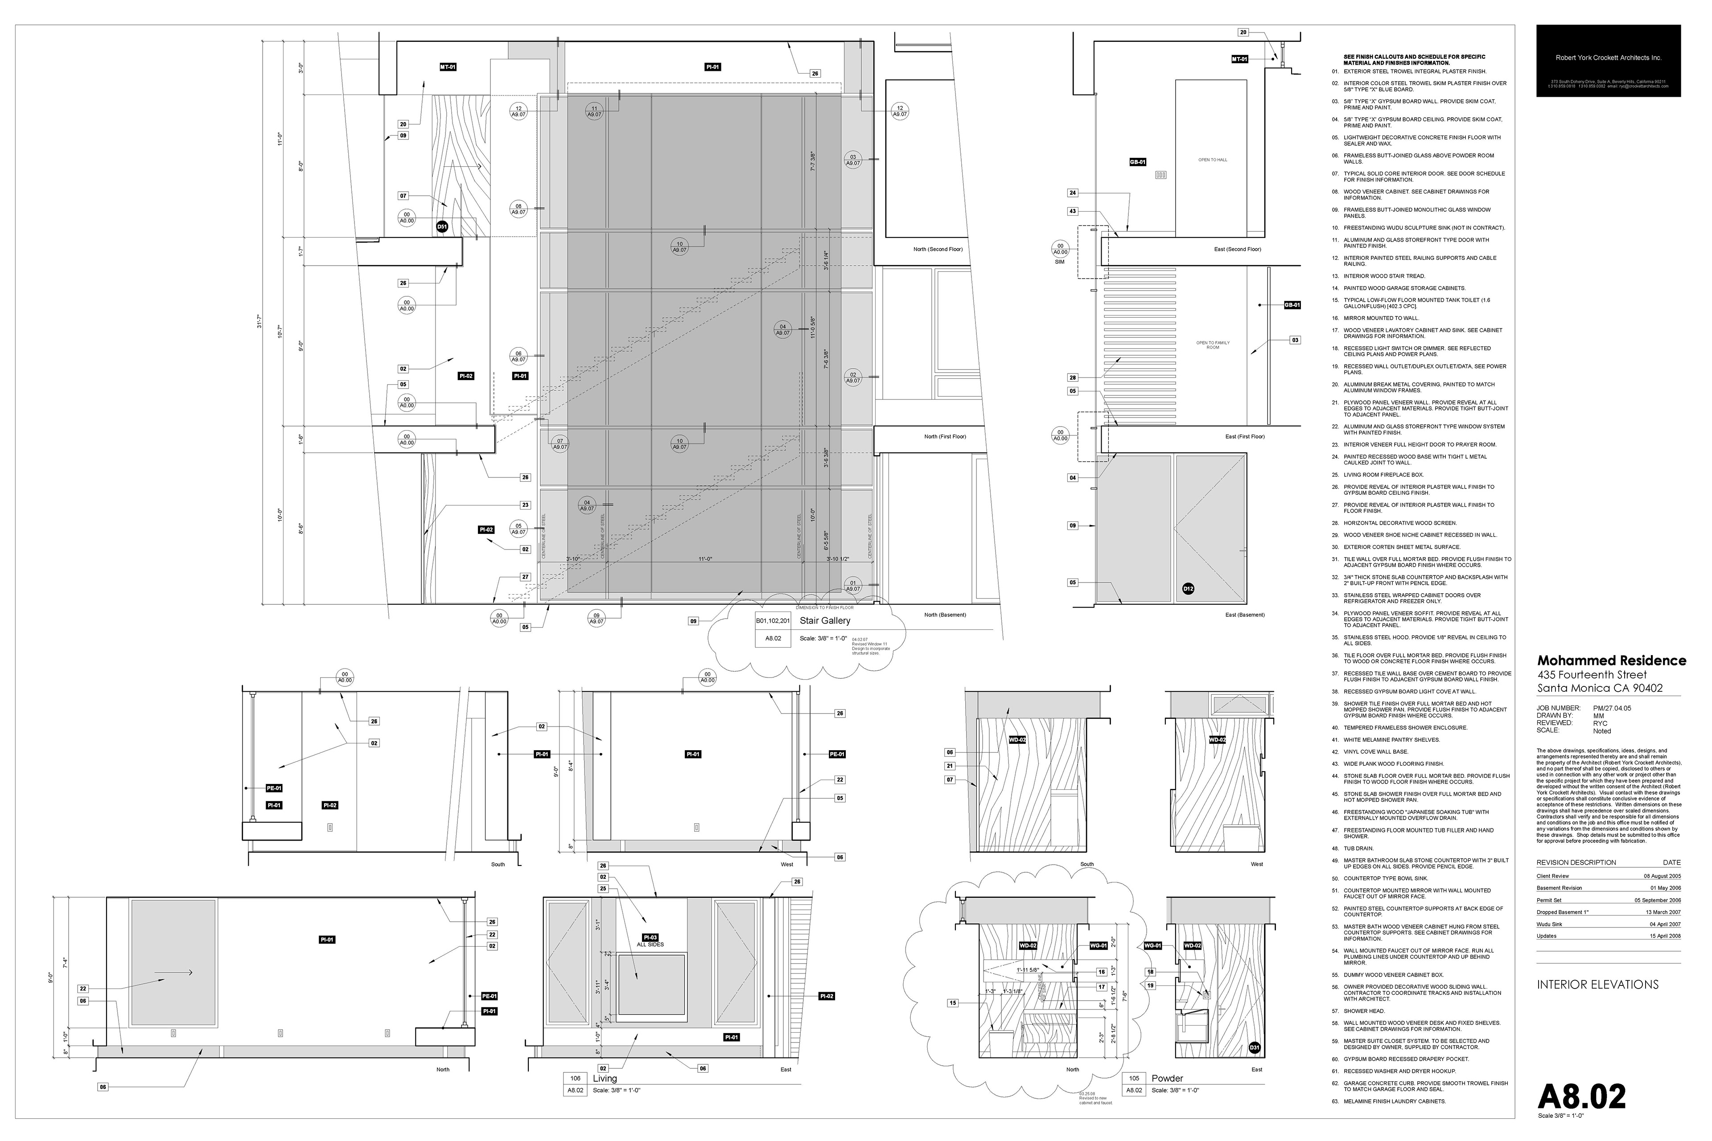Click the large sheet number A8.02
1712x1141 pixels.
(x=1581, y=1096)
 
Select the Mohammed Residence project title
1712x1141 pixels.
(x=1611, y=661)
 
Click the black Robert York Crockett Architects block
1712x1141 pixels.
(x=1608, y=61)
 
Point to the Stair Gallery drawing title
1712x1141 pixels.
(x=825, y=621)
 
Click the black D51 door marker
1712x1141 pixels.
(x=442, y=227)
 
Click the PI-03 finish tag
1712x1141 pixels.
(x=650, y=937)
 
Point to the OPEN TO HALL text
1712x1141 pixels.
(x=1213, y=160)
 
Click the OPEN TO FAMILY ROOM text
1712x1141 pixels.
(x=1213, y=345)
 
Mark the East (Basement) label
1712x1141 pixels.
(x=1245, y=615)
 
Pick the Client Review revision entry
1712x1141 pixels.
(x=1552, y=876)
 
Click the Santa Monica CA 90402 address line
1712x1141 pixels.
(x=1599, y=688)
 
